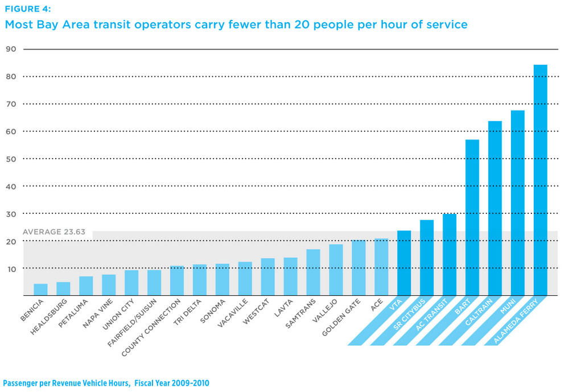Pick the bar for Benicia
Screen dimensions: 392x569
[40, 290]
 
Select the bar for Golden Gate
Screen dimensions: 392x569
[358, 267]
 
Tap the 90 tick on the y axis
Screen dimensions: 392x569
[11, 49]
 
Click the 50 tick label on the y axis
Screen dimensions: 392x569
[11, 159]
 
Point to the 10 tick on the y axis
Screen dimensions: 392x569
[11, 269]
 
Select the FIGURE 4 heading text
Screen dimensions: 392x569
[28, 9]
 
